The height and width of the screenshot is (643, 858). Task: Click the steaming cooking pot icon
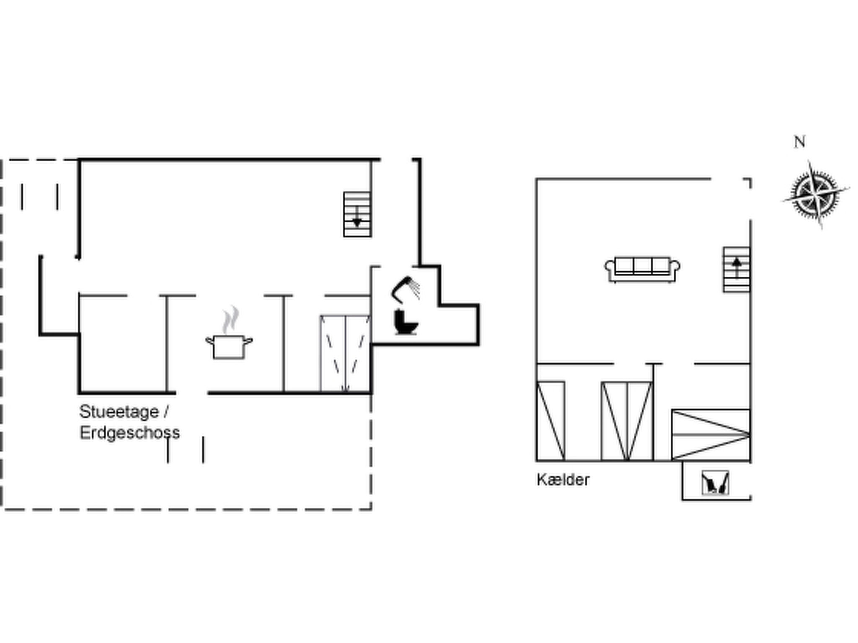[229, 346]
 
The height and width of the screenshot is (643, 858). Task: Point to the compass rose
[814, 195]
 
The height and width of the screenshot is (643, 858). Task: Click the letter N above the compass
[799, 142]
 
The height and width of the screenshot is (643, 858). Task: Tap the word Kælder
[563, 480]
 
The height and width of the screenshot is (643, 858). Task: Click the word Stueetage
[119, 412]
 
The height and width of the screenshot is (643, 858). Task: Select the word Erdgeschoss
[129, 433]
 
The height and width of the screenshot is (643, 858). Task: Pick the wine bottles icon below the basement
[715, 483]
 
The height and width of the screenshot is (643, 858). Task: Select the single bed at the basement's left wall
[550, 421]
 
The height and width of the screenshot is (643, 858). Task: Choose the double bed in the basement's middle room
[627, 421]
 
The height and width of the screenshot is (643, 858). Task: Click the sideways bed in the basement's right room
[711, 435]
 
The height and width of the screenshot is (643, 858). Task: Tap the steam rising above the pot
[230, 319]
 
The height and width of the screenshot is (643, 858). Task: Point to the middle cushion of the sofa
[642, 265]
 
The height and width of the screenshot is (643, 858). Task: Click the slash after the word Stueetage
[166, 412]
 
